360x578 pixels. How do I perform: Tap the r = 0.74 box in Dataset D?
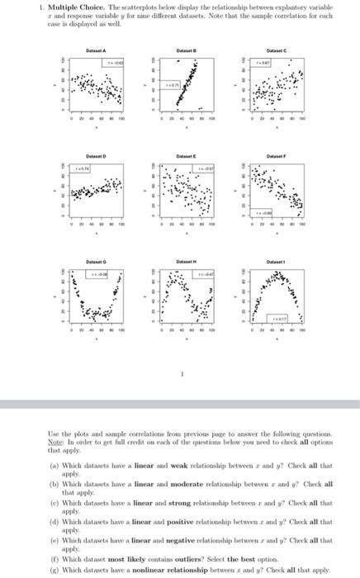point(84,168)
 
